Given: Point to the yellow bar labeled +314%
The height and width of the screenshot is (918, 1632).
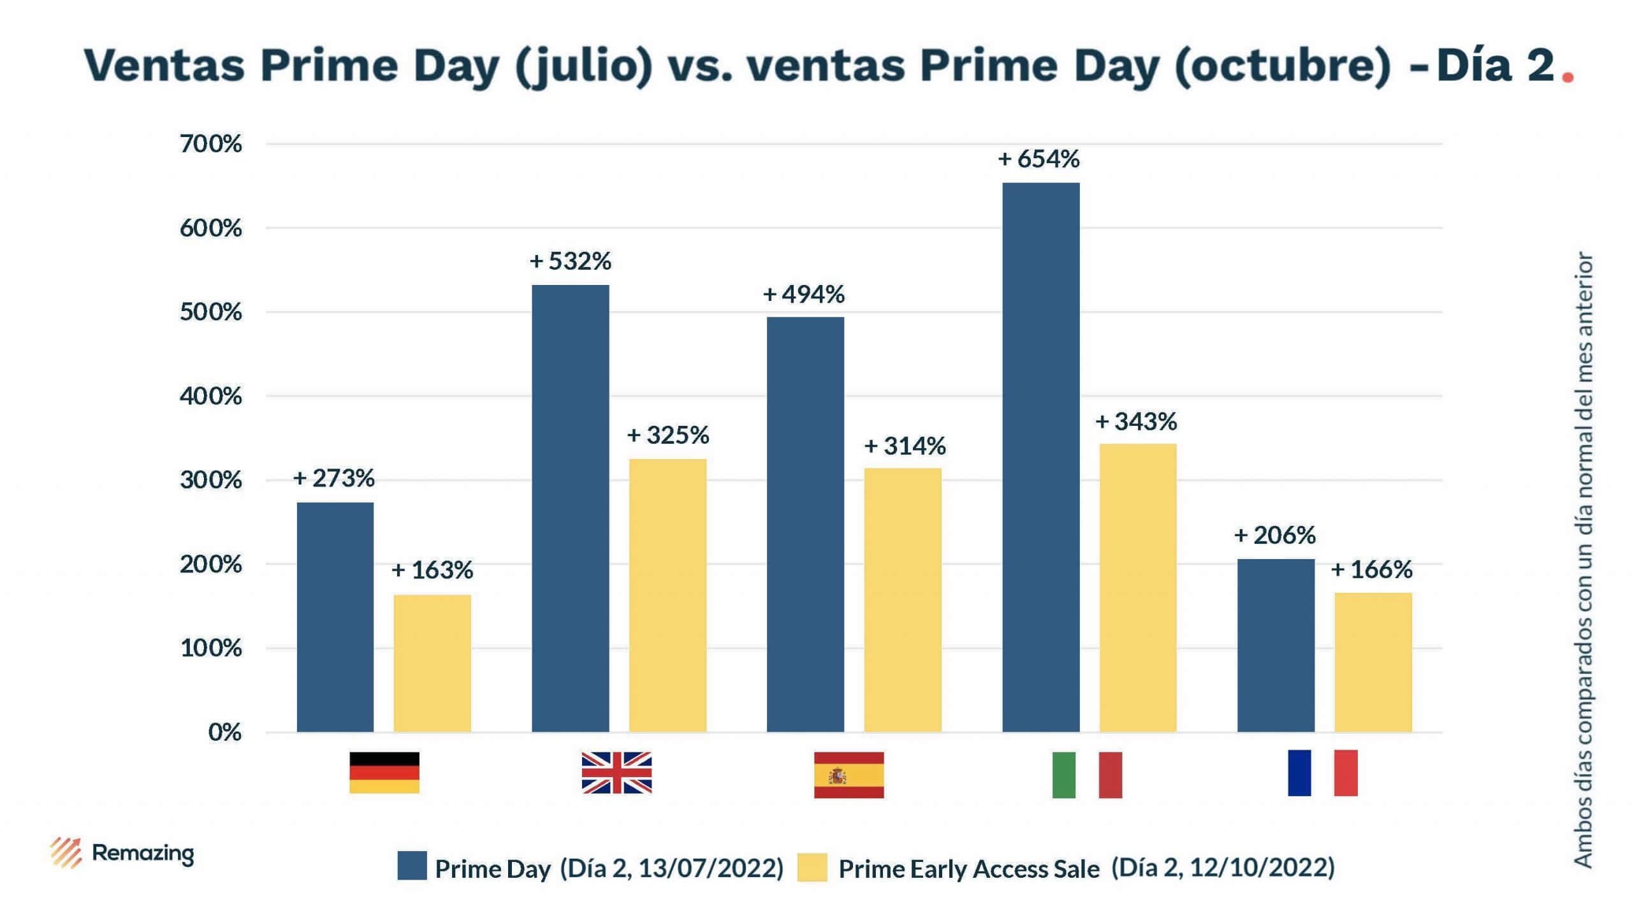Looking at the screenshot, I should click(903, 599).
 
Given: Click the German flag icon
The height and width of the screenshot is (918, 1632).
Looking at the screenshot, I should click(384, 773).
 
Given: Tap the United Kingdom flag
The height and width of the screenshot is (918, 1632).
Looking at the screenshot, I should click(616, 773).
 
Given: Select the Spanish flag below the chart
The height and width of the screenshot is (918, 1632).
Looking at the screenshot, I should click(849, 775).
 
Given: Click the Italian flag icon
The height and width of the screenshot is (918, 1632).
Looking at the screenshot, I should click(1087, 775).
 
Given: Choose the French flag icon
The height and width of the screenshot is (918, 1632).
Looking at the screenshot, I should click(1322, 773).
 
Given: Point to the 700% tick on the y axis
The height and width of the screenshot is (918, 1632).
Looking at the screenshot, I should click(211, 144).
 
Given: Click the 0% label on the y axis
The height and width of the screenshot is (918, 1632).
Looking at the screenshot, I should click(224, 732).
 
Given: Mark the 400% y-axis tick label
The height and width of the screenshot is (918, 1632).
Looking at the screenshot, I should click(211, 397).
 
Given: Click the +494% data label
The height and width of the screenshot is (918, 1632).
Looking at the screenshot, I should click(803, 295).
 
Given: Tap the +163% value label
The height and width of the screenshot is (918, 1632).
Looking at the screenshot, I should click(432, 570).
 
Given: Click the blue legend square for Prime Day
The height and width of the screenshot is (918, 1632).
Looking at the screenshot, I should click(412, 866).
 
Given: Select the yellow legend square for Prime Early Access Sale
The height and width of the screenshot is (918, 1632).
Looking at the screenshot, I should click(812, 867).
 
